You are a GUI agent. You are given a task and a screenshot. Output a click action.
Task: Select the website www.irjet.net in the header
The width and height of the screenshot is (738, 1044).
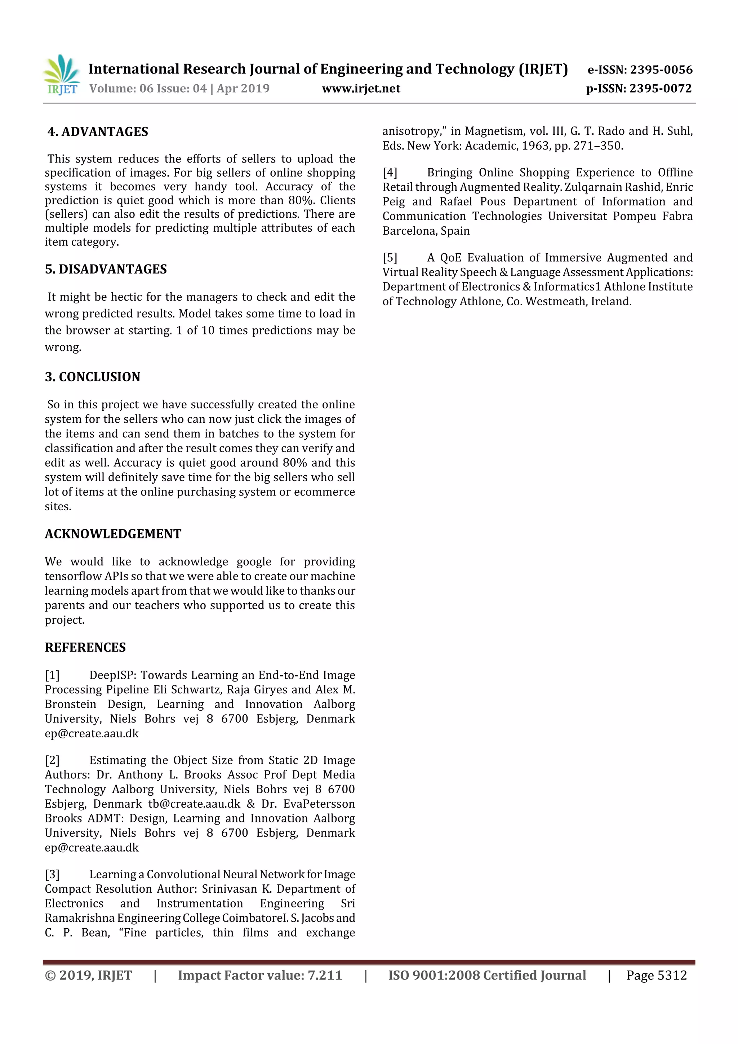[x=361, y=89]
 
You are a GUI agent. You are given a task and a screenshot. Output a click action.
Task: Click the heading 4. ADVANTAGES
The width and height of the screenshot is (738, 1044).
[x=98, y=132]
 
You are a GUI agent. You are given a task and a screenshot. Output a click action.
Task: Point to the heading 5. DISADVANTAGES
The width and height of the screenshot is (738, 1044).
[x=106, y=269]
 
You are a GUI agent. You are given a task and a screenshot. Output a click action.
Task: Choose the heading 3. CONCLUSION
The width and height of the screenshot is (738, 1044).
[x=93, y=377]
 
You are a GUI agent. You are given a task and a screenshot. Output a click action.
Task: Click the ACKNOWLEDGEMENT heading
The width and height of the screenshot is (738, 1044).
[x=113, y=534]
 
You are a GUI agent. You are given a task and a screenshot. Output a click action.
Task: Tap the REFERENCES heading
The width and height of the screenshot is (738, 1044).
[x=85, y=648]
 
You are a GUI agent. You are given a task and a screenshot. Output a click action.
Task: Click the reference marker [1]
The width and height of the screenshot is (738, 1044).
[x=52, y=675]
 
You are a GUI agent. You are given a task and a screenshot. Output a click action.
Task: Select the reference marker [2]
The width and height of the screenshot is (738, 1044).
[x=52, y=760]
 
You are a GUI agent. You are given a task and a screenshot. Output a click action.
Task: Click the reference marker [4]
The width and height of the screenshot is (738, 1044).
[x=390, y=173]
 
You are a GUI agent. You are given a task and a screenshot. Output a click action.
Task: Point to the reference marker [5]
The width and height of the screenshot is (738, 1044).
[x=390, y=258]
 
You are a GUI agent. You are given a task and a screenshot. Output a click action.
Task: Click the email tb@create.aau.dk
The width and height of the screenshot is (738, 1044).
[x=194, y=804]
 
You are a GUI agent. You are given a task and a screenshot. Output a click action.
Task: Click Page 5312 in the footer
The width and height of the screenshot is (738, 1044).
[x=656, y=975]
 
